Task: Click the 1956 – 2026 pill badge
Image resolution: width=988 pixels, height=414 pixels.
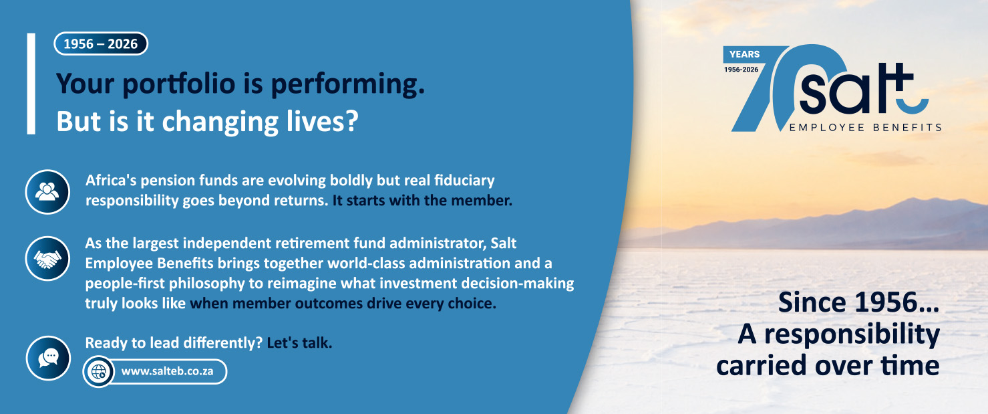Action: (101, 43)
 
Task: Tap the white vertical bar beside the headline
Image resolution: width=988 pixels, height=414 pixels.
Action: (31, 84)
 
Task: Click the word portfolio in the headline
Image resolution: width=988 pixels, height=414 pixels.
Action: (178, 84)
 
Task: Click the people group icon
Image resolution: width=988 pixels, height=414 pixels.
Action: (47, 192)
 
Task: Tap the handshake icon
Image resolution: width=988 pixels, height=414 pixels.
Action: (47, 258)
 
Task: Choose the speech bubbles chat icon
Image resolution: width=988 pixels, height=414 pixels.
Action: (48, 358)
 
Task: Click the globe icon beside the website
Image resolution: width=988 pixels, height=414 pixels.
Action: (98, 372)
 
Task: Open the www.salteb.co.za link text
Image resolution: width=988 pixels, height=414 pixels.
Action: (167, 371)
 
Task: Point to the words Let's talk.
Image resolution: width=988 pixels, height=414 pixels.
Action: (299, 343)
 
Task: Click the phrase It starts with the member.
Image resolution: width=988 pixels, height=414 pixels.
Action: (422, 201)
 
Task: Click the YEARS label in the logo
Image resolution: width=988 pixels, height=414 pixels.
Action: (745, 54)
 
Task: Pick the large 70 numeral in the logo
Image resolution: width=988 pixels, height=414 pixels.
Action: (781, 88)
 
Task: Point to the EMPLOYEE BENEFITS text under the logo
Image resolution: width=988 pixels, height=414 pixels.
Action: (865, 128)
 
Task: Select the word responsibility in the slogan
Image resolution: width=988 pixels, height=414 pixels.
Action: (852, 335)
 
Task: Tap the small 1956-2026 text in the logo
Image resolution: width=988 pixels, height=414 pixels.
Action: (741, 70)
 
